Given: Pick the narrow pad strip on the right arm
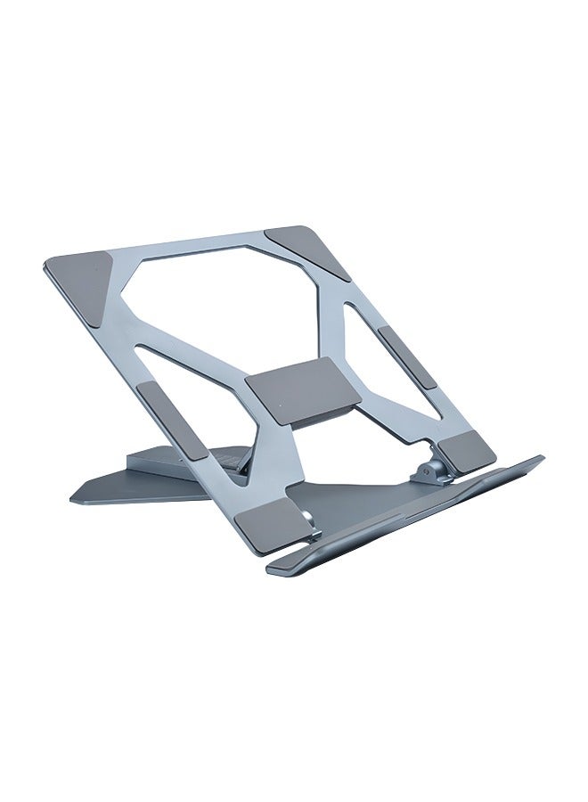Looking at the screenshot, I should click(406, 357).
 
